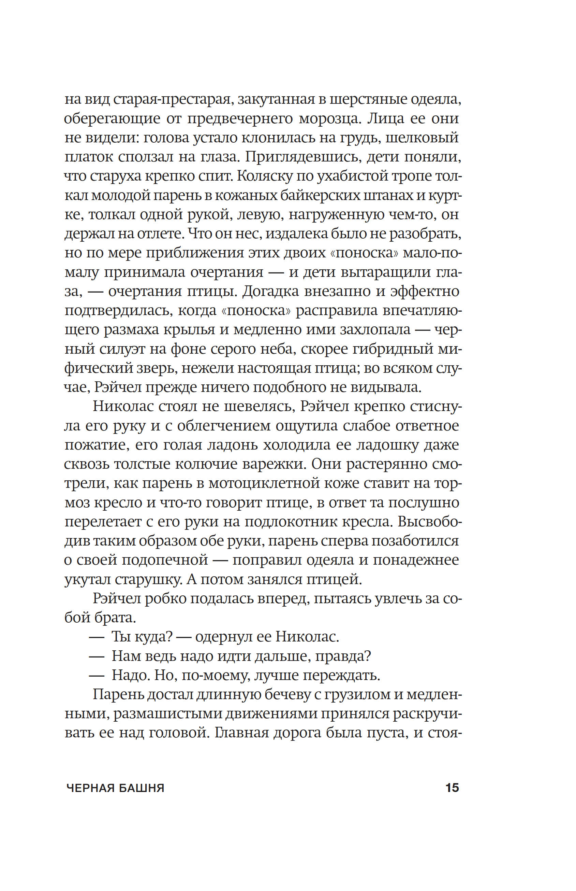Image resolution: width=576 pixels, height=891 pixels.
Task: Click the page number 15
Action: [452, 788]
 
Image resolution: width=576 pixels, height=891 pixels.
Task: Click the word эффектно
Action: [425, 291]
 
